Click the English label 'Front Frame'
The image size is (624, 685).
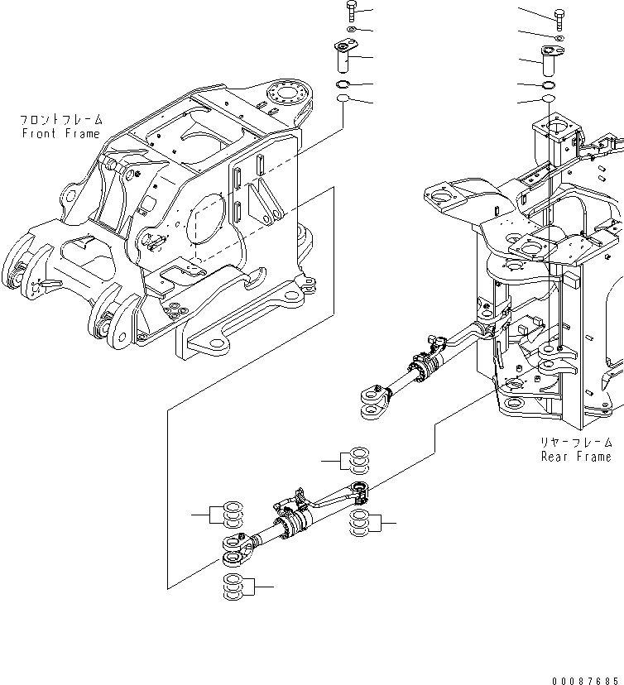pyautogui.click(x=60, y=133)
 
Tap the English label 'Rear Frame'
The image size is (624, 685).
pyautogui.click(x=576, y=456)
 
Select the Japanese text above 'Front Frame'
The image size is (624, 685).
pyautogui.click(x=60, y=120)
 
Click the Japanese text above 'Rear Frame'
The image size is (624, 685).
pyautogui.click(x=576, y=443)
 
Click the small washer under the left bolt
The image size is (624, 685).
pyautogui.click(x=352, y=31)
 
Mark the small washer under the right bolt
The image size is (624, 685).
pyautogui.click(x=559, y=38)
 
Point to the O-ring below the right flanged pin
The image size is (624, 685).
pyautogui.click(x=547, y=86)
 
